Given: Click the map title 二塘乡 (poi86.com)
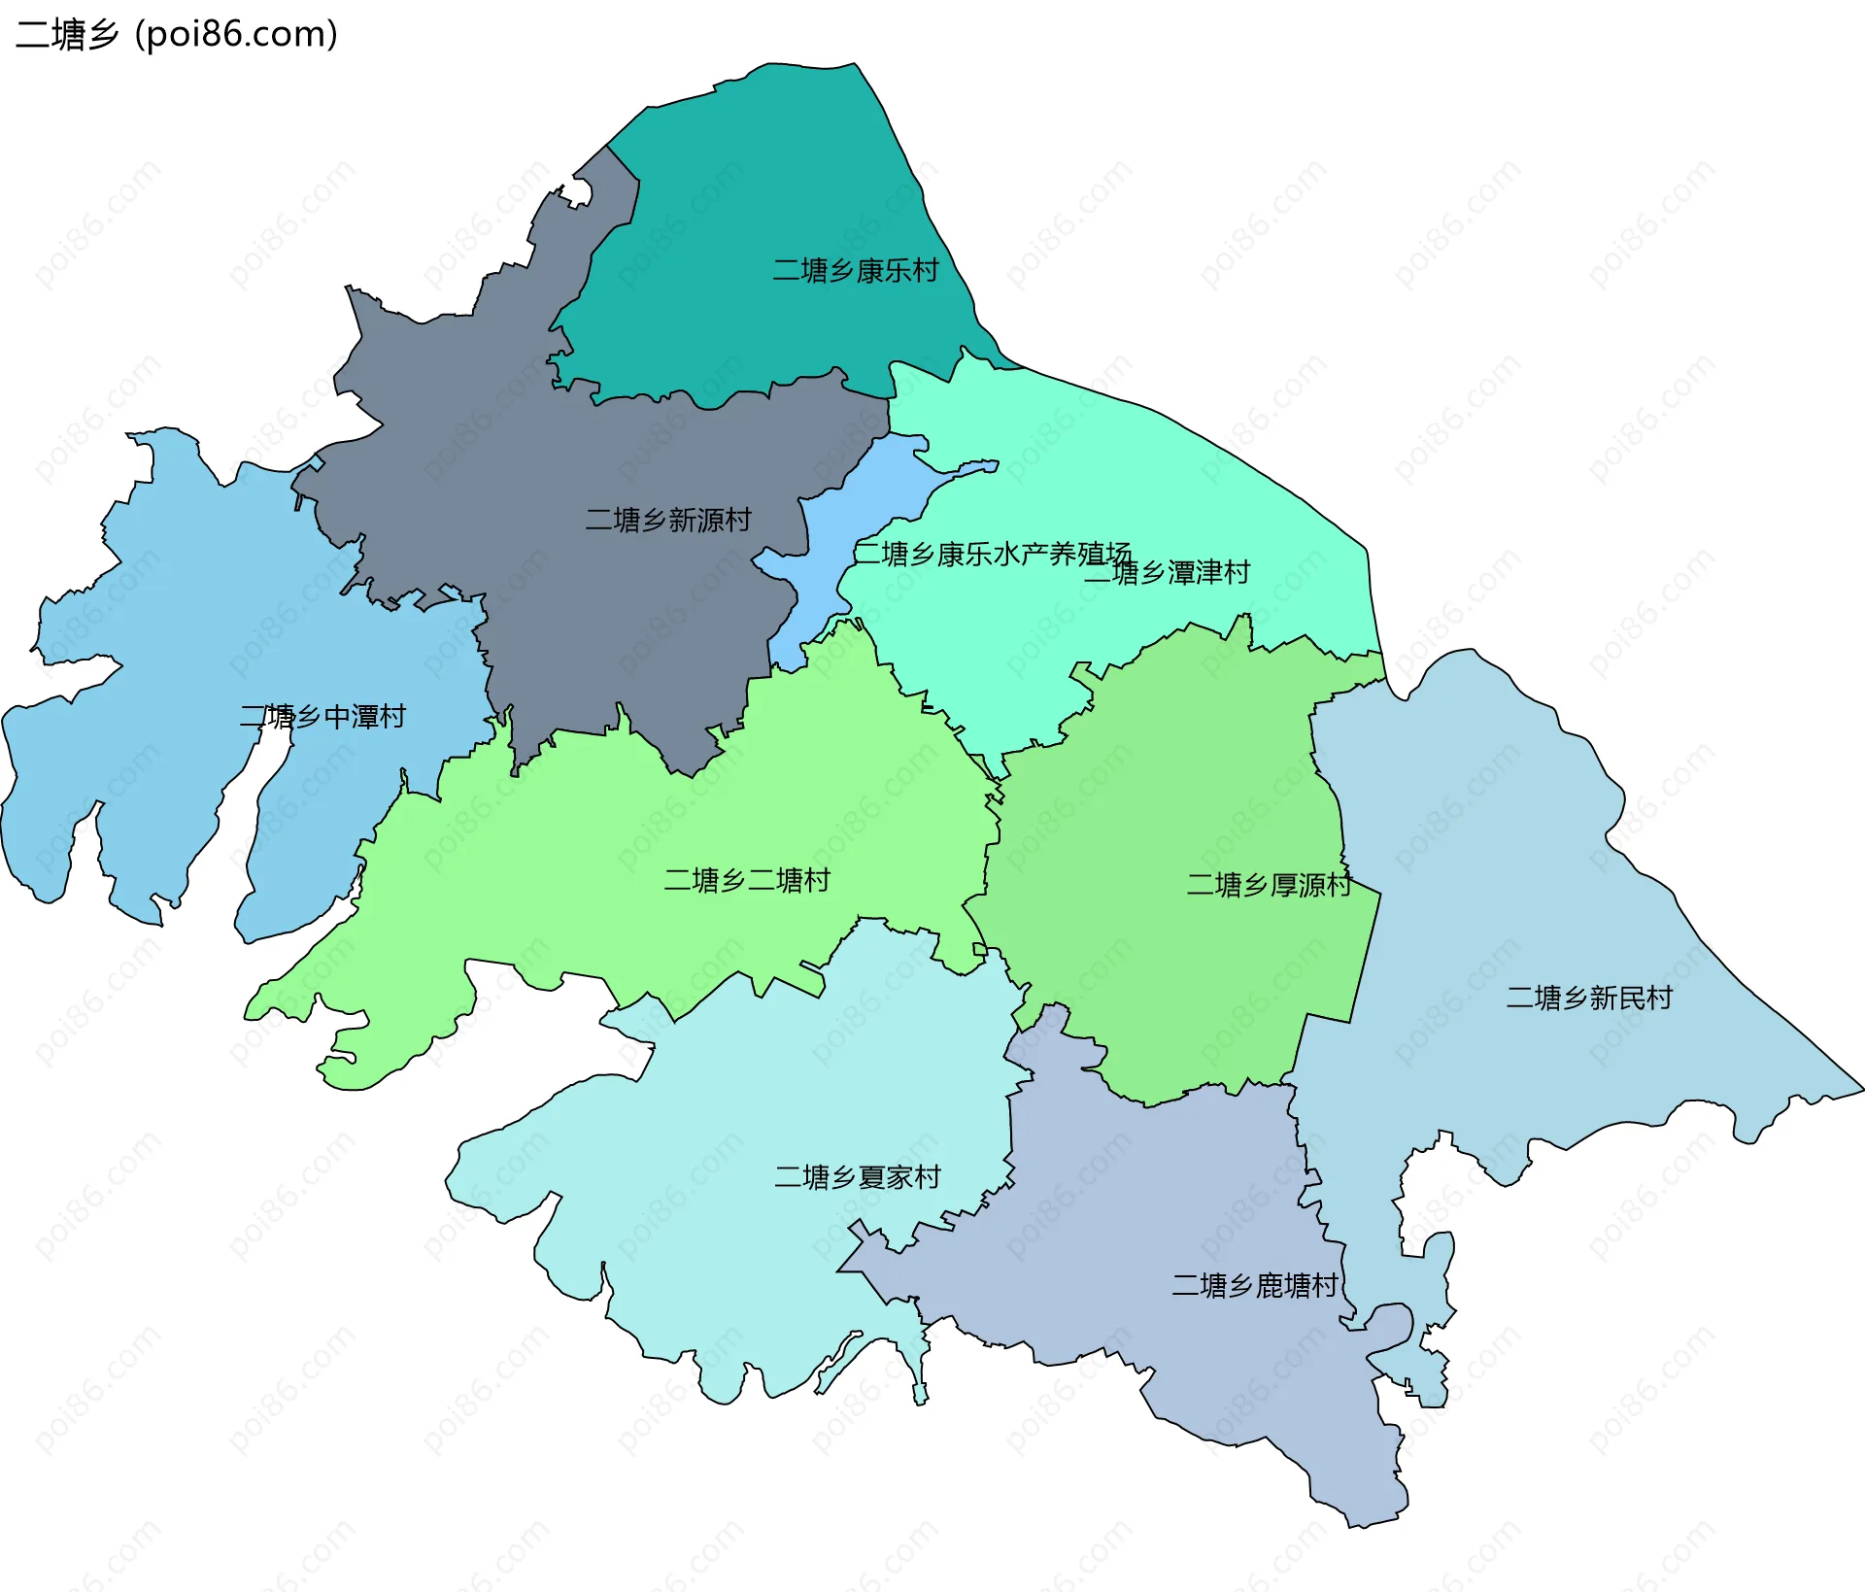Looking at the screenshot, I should [177, 35].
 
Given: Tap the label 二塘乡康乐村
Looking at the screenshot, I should [856, 270].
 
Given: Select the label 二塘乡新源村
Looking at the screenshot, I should [668, 520].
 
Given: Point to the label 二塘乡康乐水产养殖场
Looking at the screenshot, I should [991, 554].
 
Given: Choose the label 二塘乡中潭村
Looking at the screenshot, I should [322, 717].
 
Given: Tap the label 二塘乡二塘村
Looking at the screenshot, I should [747, 880].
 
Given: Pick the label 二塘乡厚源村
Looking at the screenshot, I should [1269, 885].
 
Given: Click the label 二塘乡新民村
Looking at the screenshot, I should [1589, 998].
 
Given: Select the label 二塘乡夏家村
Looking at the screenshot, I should [858, 1177].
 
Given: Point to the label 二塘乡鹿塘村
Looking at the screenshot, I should [1255, 1285].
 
